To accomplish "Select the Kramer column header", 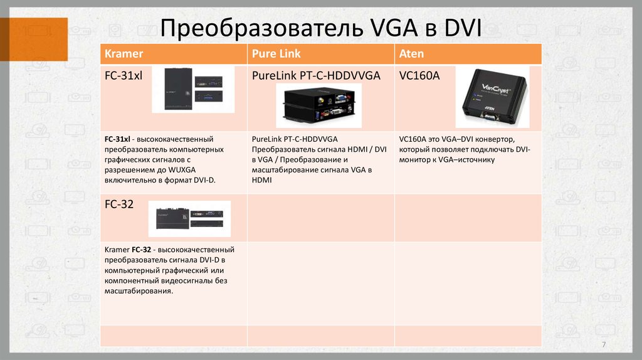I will point(124,53).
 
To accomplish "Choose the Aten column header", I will point(411,53).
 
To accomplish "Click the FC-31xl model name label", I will point(124,76).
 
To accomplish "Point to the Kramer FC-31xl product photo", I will point(193,89).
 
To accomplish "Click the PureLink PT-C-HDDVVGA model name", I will point(316,76).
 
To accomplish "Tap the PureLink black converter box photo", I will point(319,105).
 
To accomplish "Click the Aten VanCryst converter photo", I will point(492,97).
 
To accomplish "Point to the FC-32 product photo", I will point(189,218).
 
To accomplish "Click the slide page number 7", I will point(604,346).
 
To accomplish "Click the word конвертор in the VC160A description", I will point(493,139).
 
